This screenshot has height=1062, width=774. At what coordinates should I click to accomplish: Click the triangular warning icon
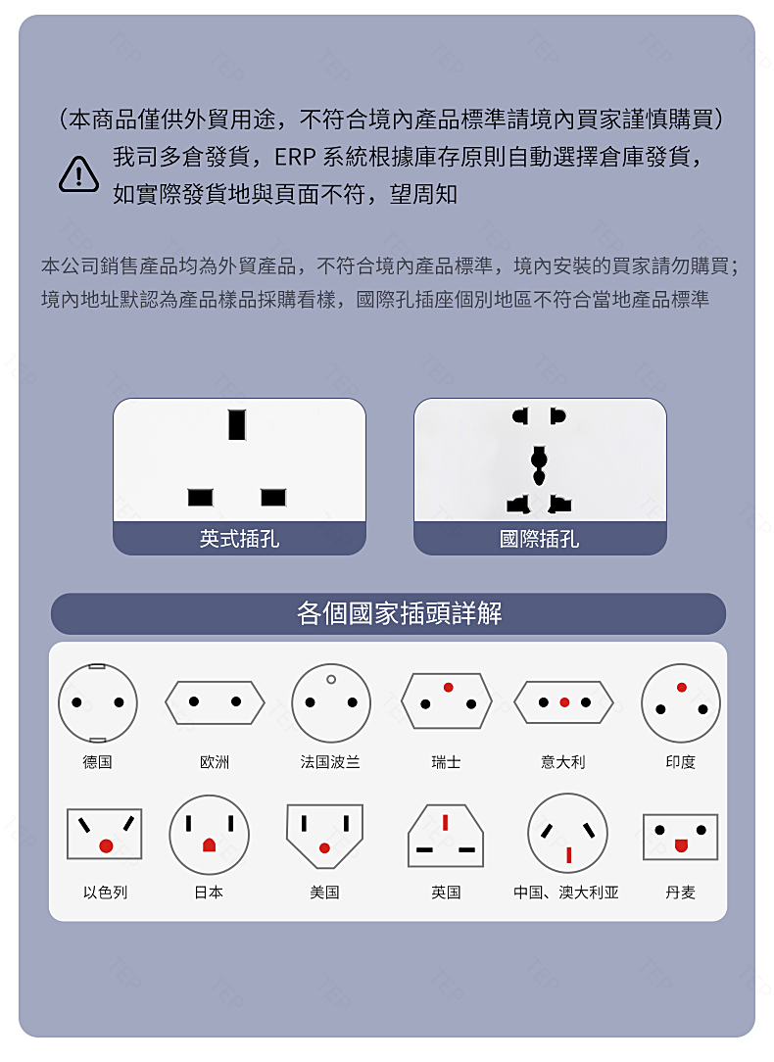[x=78, y=174]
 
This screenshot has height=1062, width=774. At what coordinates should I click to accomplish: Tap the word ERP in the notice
[x=295, y=157]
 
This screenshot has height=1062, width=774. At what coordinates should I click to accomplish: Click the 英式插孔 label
[x=239, y=539]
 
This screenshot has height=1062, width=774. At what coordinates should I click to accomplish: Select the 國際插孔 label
[x=539, y=539]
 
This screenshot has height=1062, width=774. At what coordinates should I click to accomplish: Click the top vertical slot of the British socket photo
[x=236, y=424]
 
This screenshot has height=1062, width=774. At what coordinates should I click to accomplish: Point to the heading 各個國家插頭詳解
[x=399, y=613]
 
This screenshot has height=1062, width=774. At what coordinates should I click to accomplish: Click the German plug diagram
[x=98, y=703]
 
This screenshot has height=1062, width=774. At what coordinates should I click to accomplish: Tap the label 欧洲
[x=214, y=762]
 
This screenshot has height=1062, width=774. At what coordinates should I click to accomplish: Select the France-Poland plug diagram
[x=331, y=703]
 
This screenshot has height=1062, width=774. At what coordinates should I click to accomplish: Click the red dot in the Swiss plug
[x=449, y=688]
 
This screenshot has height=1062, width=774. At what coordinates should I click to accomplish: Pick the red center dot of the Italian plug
[x=564, y=702]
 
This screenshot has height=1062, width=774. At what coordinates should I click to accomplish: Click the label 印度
[x=681, y=762]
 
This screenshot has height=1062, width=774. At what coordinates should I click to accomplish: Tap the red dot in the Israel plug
[x=106, y=845]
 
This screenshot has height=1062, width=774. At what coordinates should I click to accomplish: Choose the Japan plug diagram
[x=210, y=835]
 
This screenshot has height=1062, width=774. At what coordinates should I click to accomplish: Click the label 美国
[x=324, y=892]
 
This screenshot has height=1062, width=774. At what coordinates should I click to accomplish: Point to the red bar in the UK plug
[x=445, y=822]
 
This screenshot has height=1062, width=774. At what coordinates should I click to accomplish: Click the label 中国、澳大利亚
[x=566, y=892]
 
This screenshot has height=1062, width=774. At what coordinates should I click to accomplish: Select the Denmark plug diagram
[x=681, y=837]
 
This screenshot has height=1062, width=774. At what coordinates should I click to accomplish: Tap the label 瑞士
[x=446, y=762]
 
